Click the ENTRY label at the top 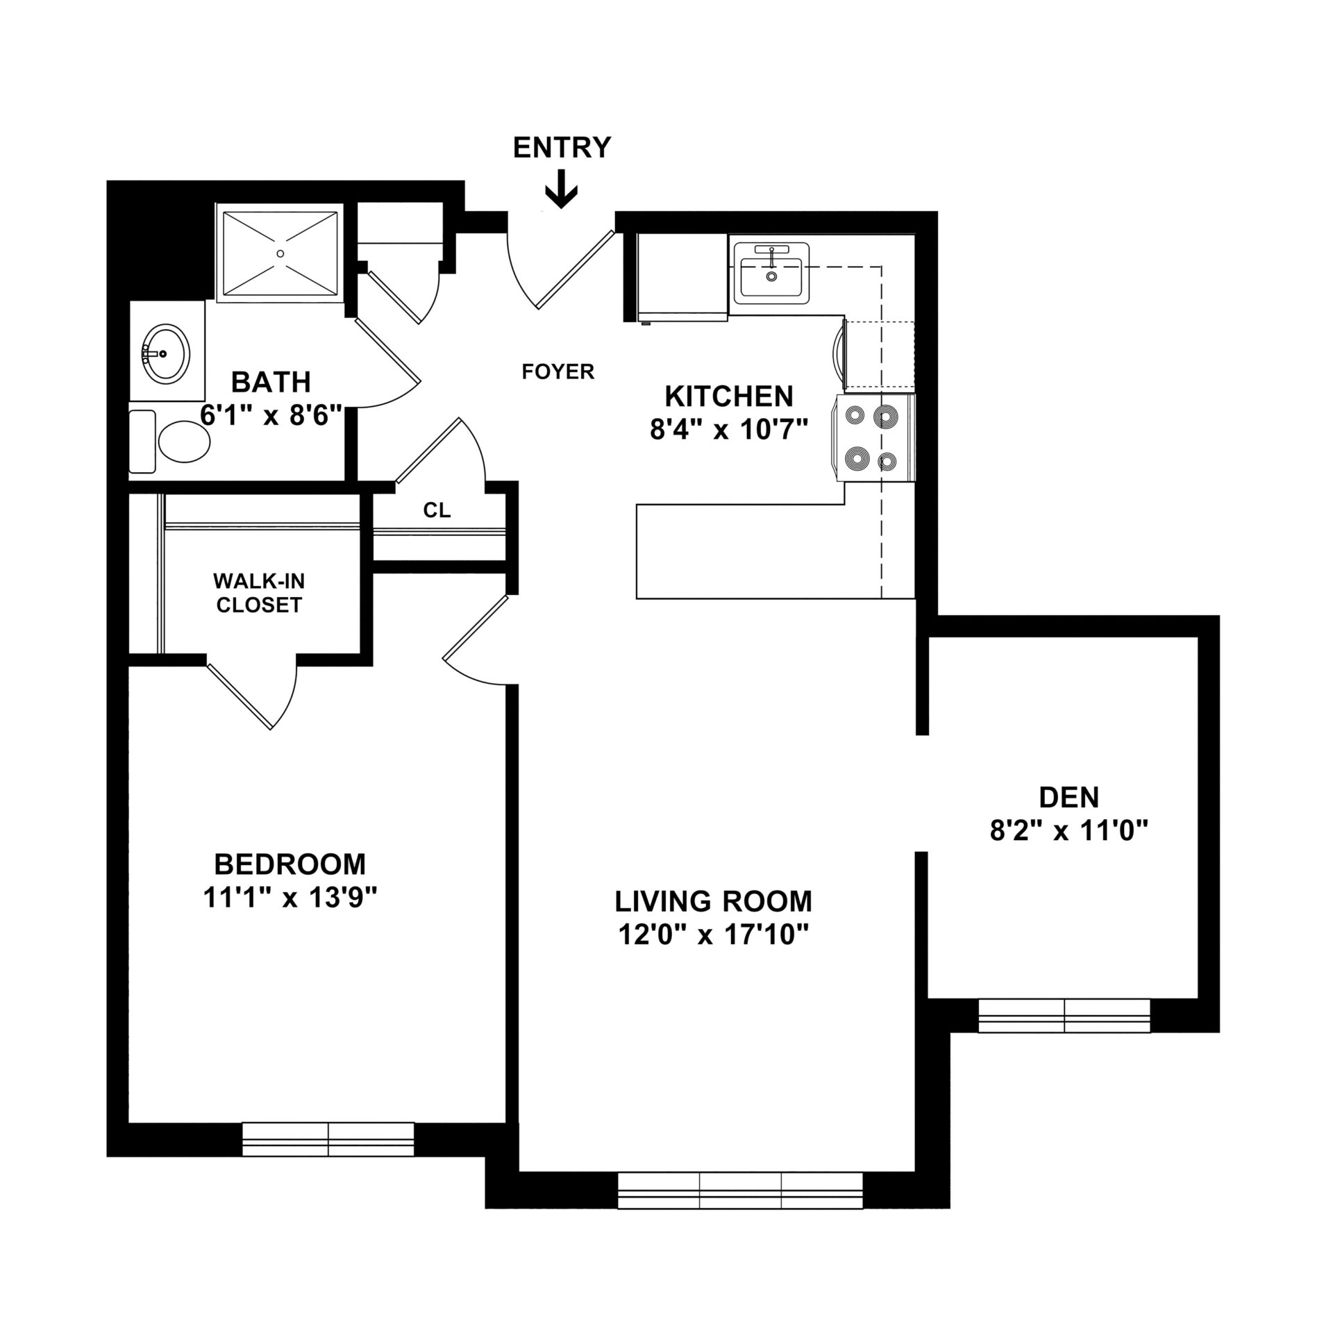pos(562,148)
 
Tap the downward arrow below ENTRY pos(561,190)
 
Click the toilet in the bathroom pos(170,442)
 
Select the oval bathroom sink pos(165,352)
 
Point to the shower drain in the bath pos(280,253)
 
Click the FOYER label pos(558,372)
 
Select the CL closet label pos(437,510)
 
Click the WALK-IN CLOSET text pos(259,592)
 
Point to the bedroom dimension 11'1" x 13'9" pos(290,898)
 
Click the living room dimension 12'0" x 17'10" pos(714,935)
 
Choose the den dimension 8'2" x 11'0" pos(1069,830)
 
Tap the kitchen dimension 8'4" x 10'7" pos(729,430)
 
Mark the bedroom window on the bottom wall pos(328,1139)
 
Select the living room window pos(740,1191)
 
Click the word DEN pos(1069,798)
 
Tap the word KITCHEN pos(729,396)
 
